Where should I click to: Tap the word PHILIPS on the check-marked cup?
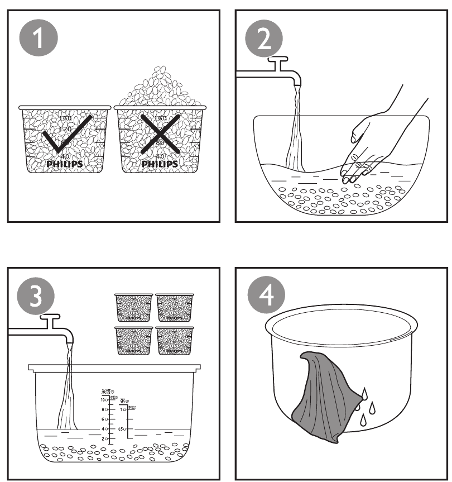64,164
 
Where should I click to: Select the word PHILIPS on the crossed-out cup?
160,164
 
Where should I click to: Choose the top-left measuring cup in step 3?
133,307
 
